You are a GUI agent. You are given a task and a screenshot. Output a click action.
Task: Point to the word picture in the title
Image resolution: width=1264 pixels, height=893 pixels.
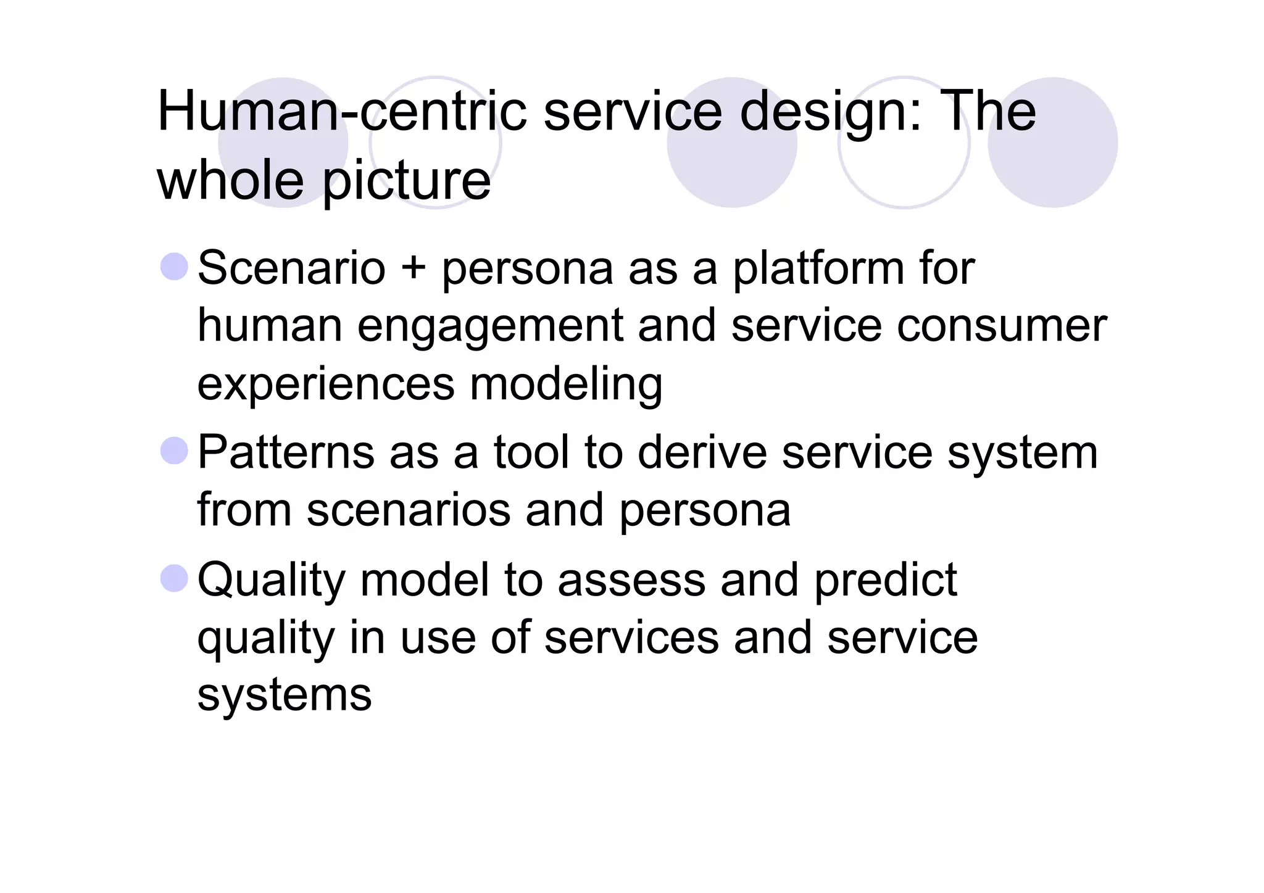407,183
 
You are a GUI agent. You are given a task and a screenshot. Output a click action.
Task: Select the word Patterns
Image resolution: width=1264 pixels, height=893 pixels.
286,452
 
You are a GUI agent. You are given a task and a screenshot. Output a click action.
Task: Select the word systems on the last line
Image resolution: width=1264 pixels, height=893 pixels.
285,696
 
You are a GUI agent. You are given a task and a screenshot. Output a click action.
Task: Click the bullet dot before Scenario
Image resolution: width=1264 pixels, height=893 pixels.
174,267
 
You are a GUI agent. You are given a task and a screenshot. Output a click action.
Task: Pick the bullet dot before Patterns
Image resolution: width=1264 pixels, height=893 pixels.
174,451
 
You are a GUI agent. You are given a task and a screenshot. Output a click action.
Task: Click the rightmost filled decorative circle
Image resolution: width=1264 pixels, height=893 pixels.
1052,143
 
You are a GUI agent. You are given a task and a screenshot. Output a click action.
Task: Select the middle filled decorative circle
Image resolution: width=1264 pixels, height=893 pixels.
732,143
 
